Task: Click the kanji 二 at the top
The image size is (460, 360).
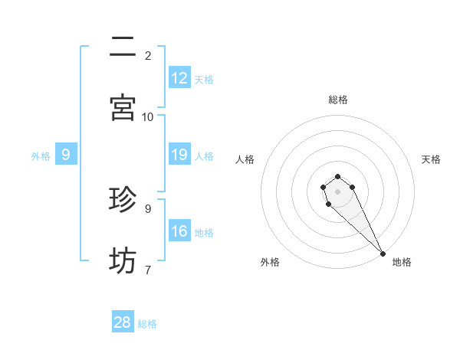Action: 123,47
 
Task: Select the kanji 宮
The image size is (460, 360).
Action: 123,107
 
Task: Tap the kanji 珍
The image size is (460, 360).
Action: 123,200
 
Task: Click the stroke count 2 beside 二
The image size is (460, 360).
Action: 148,55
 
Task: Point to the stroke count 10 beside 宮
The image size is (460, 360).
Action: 148,116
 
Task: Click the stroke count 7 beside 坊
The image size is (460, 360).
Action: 148,270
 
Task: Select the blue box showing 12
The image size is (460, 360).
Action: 179,78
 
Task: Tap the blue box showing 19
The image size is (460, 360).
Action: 179,155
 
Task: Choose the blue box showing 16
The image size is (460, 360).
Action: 179,231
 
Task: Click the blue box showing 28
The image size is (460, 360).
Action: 123,322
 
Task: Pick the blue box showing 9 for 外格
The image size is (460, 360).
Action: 66,155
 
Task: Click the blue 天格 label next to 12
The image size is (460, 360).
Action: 204,80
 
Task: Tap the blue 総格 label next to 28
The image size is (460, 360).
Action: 147,324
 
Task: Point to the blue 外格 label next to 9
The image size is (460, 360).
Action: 41,156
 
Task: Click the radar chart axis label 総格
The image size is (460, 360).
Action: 338,100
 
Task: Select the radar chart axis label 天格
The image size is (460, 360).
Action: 431,159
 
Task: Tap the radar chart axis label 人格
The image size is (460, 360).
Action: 245,159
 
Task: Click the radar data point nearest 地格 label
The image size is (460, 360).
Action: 383,254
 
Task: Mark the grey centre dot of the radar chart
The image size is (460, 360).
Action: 337,191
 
